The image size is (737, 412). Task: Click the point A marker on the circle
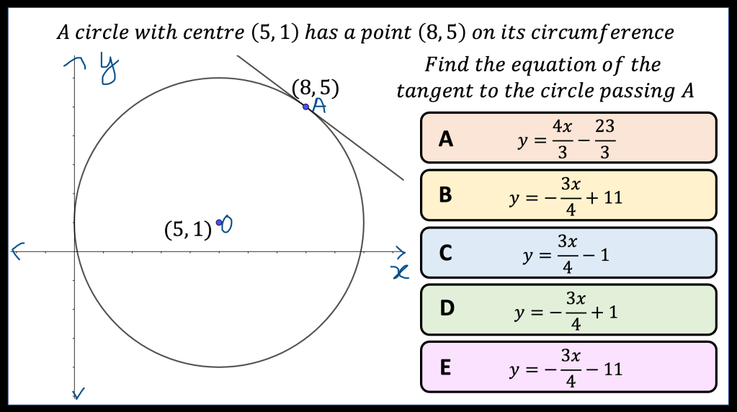point(306,107)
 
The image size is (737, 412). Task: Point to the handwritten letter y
point(109,69)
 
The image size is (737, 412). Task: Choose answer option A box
point(568,138)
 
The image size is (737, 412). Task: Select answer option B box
point(568,195)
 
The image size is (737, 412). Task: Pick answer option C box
point(568,253)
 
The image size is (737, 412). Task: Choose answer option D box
point(568,310)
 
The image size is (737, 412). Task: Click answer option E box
point(568,367)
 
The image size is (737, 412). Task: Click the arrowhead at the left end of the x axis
point(17,251)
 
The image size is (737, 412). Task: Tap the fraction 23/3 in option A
point(604,138)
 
